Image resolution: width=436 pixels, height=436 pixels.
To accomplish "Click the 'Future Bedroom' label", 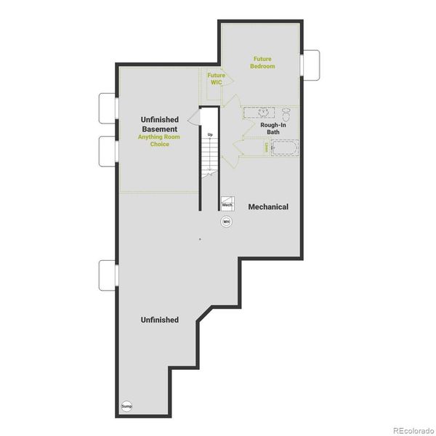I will pos(263,62).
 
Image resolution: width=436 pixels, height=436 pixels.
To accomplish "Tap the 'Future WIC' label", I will pos(216,78).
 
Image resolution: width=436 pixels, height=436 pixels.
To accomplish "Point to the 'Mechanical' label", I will pos(268,207).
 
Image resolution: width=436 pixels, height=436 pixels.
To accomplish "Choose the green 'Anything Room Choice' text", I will pos(159,140).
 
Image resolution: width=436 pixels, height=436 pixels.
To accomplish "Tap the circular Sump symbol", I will pos(126,405).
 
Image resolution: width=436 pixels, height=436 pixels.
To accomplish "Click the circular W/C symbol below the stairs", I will pos(226,222).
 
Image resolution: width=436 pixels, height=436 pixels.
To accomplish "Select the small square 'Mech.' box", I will pos(227,204).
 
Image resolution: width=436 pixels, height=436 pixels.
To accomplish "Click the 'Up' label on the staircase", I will pos(210,135).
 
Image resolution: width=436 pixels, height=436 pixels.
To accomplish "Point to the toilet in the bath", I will pos(286,114).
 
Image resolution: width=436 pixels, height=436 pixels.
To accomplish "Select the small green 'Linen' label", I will pos(267,147).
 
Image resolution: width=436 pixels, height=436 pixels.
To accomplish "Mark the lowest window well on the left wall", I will pos(108,273).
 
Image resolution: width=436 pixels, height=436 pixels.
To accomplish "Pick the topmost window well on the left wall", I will pos(108,108).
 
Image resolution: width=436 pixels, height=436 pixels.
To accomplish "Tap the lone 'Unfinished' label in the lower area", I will pos(159,320).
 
